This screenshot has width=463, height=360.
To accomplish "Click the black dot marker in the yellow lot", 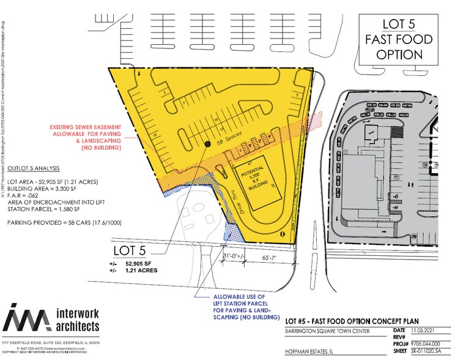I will tap(205, 145).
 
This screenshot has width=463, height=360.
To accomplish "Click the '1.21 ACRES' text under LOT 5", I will tap(141, 270).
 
